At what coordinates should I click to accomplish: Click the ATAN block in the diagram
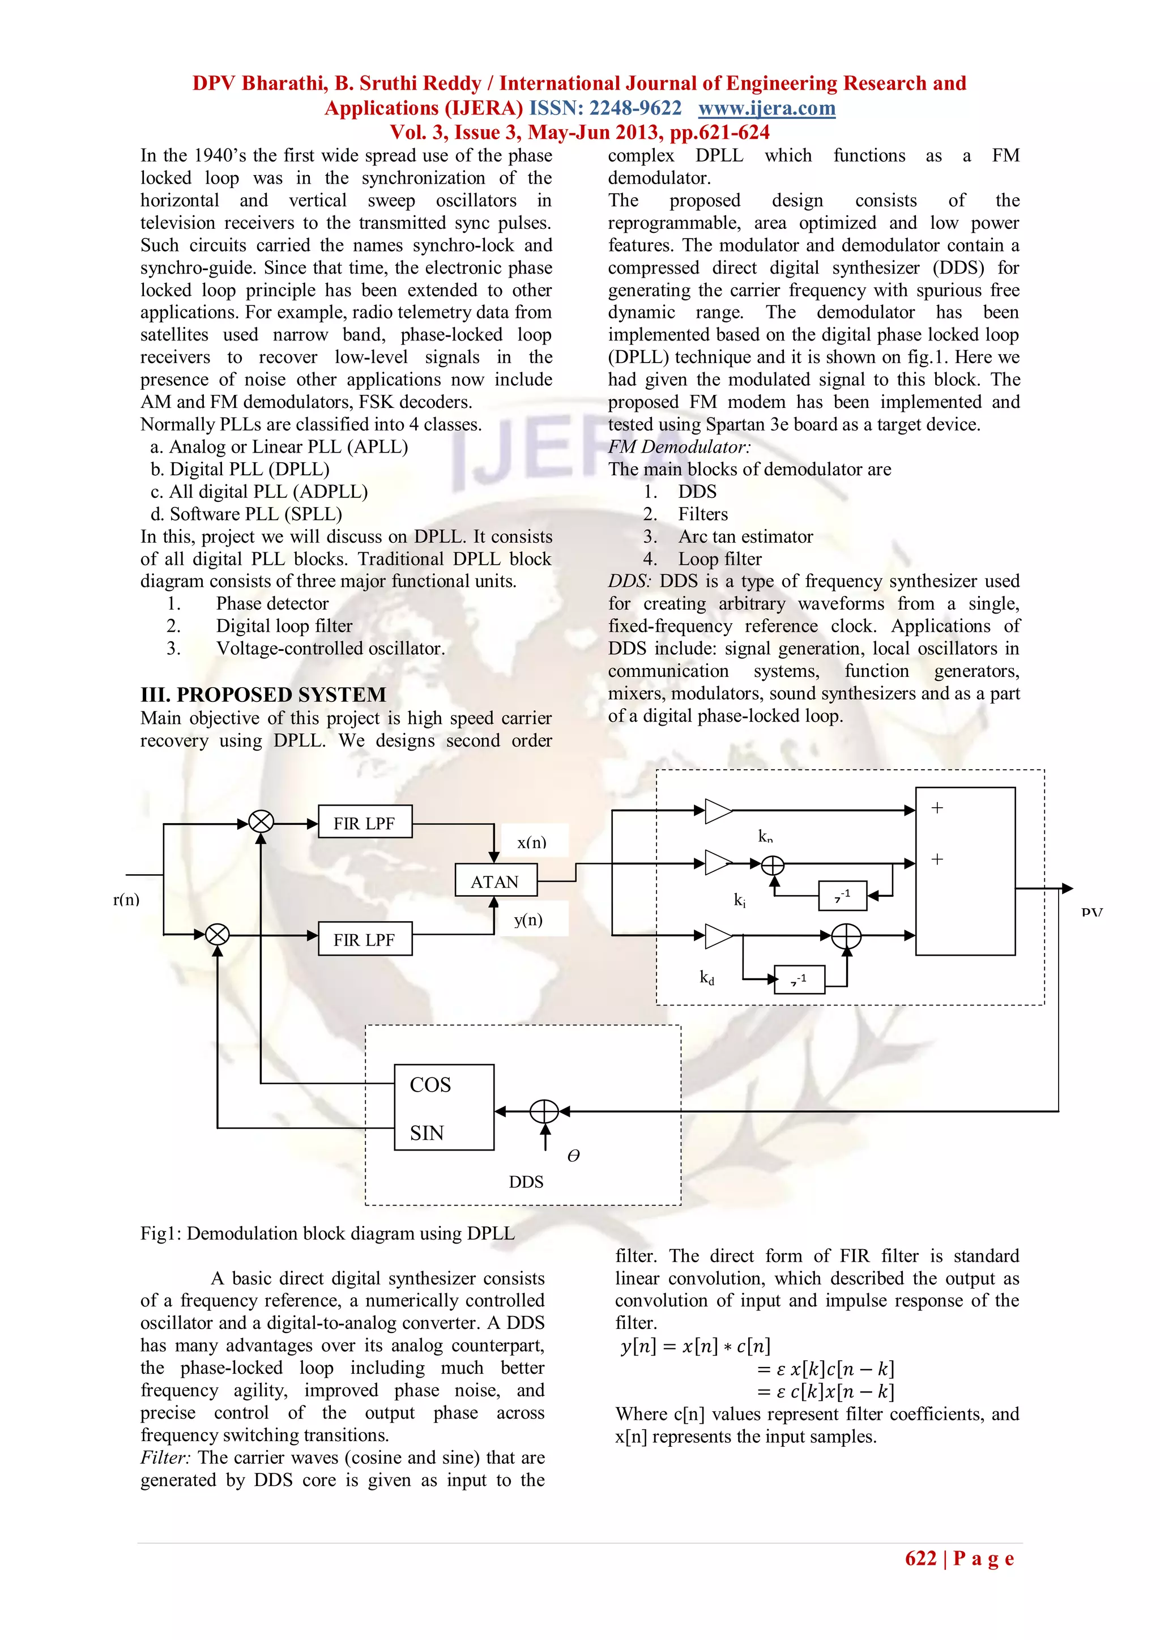point(495,881)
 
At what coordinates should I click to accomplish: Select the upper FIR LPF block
point(364,823)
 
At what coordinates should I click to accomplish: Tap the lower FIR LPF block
point(364,939)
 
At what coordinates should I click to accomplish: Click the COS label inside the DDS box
point(430,1085)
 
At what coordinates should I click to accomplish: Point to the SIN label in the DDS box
point(427,1133)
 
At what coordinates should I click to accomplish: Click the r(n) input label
point(126,899)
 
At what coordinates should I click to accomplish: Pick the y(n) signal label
point(528,919)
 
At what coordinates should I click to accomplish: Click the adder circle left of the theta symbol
point(544,1111)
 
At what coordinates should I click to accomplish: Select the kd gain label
point(706,978)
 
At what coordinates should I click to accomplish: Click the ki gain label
point(740,900)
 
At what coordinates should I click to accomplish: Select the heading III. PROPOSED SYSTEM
point(263,695)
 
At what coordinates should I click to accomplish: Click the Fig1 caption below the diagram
point(327,1234)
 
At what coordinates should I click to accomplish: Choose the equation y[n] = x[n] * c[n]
point(695,1347)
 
